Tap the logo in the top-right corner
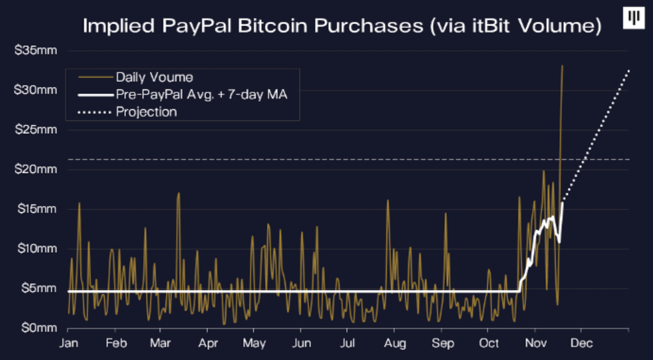coord(634,18)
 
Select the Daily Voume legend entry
coord(154,77)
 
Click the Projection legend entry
coord(146,112)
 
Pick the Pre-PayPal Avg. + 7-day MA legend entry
coord(202,94)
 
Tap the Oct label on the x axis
coord(489,343)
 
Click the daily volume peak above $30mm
coord(562,66)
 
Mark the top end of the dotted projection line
coord(628,71)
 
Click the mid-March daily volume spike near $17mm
coord(179,193)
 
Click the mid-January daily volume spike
coord(79,203)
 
